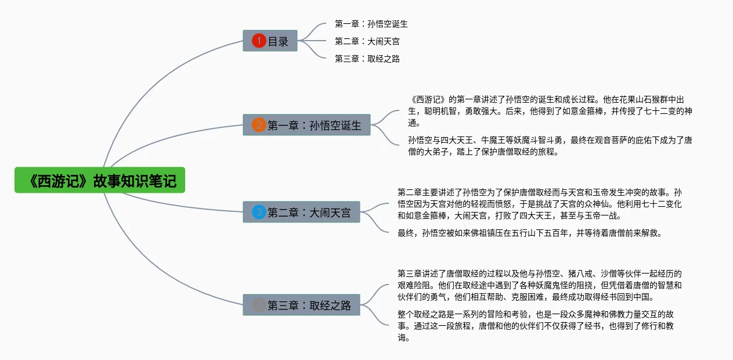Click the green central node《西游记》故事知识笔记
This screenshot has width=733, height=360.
(x=100, y=180)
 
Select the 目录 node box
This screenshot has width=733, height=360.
(x=270, y=41)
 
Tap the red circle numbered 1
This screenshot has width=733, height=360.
(x=259, y=41)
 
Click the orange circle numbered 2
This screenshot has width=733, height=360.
(x=259, y=125)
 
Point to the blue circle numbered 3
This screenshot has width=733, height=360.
(x=259, y=212)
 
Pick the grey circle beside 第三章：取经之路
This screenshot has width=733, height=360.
(x=259, y=305)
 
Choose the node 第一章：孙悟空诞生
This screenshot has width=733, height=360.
(x=306, y=125)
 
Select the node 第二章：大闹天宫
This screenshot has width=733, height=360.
(x=301, y=212)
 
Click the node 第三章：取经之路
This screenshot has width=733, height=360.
(x=301, y=305)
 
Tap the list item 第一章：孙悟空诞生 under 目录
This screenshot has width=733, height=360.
(x=371, y=24)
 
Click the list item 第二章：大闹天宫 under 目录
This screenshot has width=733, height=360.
(x=367, y=41)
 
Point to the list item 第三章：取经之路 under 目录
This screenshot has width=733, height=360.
(x=367, y=59)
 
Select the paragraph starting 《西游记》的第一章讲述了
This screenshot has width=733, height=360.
(x=550, y=111)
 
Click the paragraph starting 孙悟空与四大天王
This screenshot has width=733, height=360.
(x=550, y=146)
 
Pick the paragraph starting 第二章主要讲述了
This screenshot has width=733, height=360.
(x=540, y=204)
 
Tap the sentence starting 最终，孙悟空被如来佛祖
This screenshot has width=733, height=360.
(x=530, y=233)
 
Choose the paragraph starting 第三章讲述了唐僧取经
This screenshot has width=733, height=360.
(x=540, y=285)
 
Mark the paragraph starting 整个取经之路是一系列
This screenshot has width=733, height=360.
(x=536, y=326)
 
